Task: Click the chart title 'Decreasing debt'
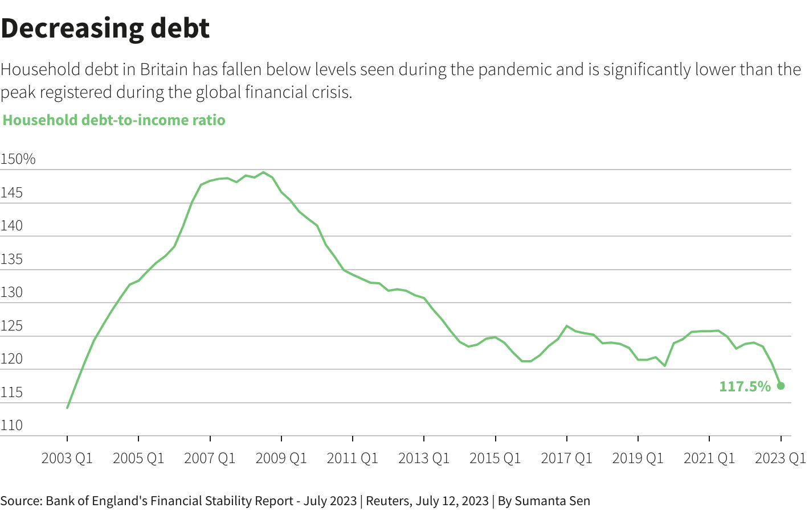point(105,28)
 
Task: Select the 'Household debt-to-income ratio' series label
point(114,120)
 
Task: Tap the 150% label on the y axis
point(18,159)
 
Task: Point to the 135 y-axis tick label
point(11,259)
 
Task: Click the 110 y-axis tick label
point(11,426)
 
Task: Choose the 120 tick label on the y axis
point(11,359)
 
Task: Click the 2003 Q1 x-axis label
point(67,458)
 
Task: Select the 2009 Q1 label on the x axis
point(281,458)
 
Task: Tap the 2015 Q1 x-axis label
point(495,458)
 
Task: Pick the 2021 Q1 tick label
point(709,458)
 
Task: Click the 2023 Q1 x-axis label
point(780,458)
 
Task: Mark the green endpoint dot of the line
point(781,386)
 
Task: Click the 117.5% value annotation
point(745,387)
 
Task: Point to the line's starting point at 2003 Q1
point(67,407)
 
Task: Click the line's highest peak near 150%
point(263,172)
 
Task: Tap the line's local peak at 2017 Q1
point(567,326)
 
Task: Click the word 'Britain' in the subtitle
point(164,69)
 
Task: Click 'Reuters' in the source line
point(387,501)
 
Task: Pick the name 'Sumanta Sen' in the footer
point(552,501)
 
